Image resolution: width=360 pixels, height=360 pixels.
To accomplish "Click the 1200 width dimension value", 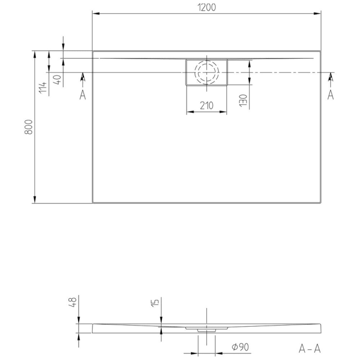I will [x=206, y=7].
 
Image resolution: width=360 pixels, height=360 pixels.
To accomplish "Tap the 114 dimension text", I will [x=43, y=88].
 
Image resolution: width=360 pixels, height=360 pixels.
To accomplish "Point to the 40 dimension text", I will [x=57, y=80].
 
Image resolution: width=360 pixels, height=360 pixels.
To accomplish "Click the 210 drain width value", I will [x=206, y=106].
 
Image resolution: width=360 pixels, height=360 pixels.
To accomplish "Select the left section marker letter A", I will [x=83, y=95].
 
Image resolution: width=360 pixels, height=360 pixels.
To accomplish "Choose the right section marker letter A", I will [x=331, y=95].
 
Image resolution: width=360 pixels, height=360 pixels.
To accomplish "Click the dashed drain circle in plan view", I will [x=206, y=73].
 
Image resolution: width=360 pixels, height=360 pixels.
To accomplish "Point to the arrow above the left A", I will [x=83, y=78].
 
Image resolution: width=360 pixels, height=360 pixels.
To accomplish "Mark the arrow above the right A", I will [x=331, y=78].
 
